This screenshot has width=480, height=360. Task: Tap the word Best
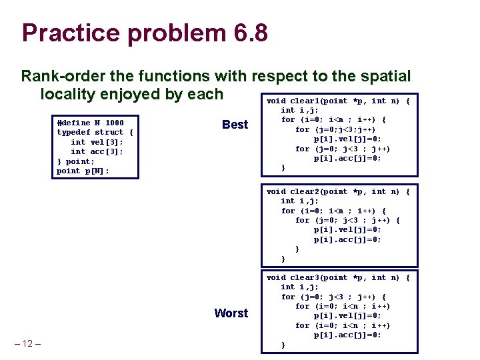[235, 125]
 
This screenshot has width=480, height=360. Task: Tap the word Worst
[231, 313]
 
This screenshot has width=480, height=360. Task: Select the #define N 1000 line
[91, 123]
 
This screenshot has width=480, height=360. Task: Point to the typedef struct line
[95, 132]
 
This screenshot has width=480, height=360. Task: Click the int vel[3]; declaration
[97, 142]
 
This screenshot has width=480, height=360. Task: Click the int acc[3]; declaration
[97, 151]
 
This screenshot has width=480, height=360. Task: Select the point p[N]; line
[83, 171]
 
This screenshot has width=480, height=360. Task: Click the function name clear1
[307, 101]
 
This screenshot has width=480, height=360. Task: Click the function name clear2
[307, 192]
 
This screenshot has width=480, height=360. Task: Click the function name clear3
[307, 277]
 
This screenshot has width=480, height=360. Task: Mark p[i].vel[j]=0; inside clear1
[347, 139]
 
